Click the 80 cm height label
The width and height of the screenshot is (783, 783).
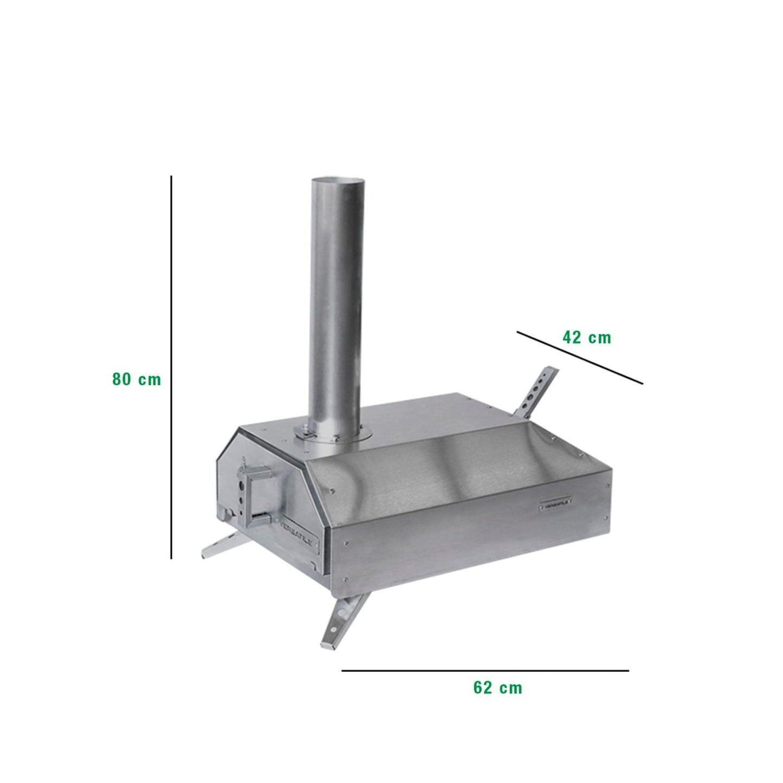click(137, 379)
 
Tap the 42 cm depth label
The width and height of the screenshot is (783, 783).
click(586, 338)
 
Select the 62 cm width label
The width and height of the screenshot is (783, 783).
click(497, 688)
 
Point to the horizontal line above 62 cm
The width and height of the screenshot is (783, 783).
click(485, 671)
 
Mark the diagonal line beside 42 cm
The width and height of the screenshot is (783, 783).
click(579, 358)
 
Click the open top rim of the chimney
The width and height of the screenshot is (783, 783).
click(340, 181)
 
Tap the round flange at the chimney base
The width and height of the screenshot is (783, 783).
click(333, 433)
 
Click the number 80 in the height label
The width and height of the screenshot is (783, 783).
click(121, 379)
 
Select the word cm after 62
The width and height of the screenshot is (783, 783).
click(510, 688)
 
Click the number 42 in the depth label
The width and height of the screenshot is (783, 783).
click(572, 338)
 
